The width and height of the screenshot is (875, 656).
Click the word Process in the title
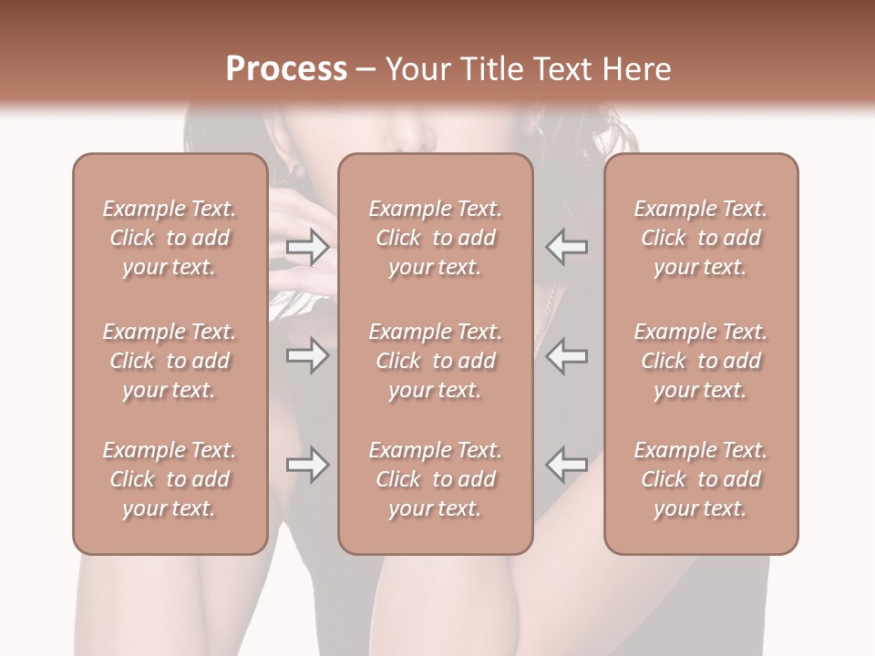pyautogui.click(x=286, y=69)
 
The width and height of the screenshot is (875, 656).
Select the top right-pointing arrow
pyautogui.click(x=308, y=246)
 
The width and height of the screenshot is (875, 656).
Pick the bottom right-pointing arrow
pyautogui.click(x=308, y=466)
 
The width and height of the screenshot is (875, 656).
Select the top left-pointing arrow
pyautogui.click(x=566, y=246)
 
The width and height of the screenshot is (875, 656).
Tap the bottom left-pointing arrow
pyautogui.click(x=566, y=466)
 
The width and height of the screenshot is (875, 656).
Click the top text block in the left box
pyautogui.click(x=170, y=238)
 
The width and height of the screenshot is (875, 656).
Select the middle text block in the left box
pyautogui.click(x=170, y=361)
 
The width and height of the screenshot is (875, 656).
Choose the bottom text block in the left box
pyautogui.click(x=170, y=479)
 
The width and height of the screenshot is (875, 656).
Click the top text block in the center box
pyautogui.click(x=436, y=238)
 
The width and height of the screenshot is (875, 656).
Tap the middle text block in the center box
pyautogui.click(x=436, y=361)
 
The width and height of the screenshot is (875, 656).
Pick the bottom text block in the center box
pyautogui.click(x=436, y=479)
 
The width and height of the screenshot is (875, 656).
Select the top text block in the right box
pyautogui.click(x=701, y=238)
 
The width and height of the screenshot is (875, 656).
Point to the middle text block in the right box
pyautogui.click(x=701, y=361)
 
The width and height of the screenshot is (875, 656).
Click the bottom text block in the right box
pyautogui.click(x=701, y=479)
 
